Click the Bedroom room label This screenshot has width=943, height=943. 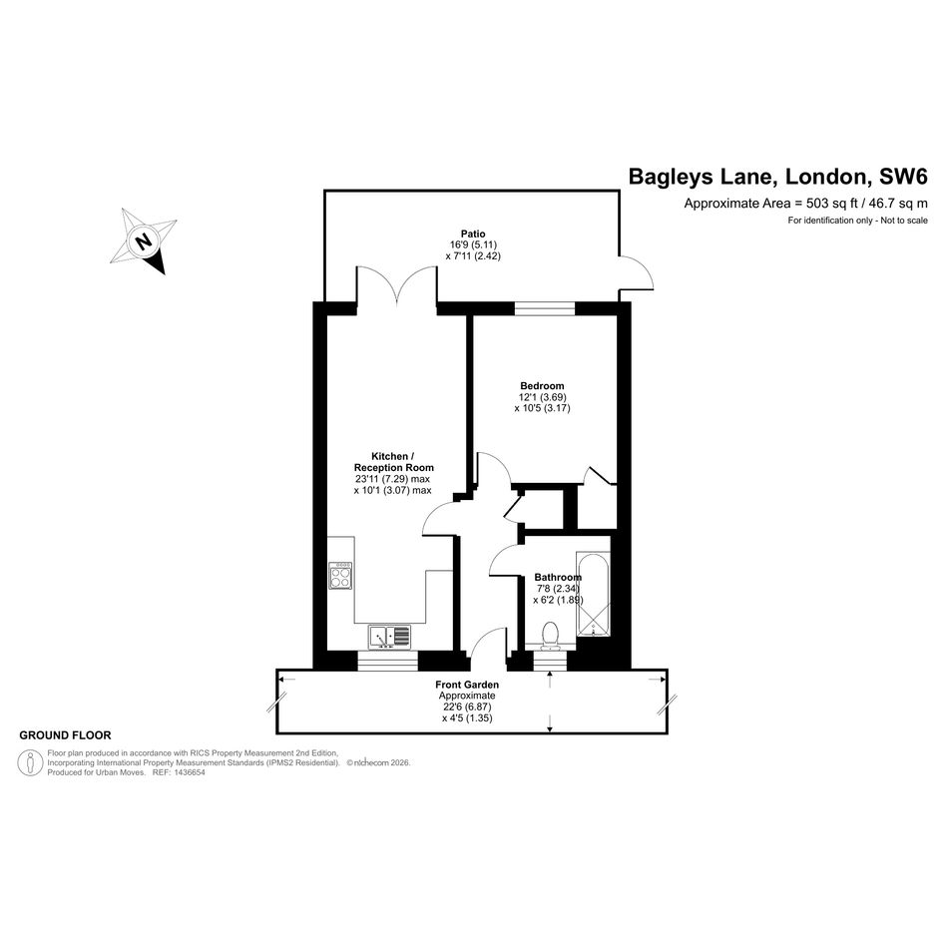coord(542,386)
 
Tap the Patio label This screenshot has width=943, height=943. coord(473,234)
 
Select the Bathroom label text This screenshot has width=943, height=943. coord(558,578)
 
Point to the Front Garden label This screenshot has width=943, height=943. coord(467,685)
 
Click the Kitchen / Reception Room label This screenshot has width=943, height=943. coord(393,462)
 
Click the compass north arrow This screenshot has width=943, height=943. coord(144,240)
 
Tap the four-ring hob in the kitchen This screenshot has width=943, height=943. coord(340,576)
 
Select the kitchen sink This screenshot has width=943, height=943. coord(389,637)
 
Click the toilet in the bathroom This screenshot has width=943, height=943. coord(550,637)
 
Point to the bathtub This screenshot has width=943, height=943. coord(594,594)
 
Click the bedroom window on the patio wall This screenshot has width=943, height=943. coord(545,308)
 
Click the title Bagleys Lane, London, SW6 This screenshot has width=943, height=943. coord(778,177)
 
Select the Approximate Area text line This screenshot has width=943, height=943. coord(806,204)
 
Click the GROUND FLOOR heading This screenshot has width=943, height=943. coord(65,734)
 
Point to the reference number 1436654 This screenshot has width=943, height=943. coord(190,772)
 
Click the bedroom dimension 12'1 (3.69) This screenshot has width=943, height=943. coord(542,397)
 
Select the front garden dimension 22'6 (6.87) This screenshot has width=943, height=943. coord(467,707)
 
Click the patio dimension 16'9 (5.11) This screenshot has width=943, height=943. coord(473,244)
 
